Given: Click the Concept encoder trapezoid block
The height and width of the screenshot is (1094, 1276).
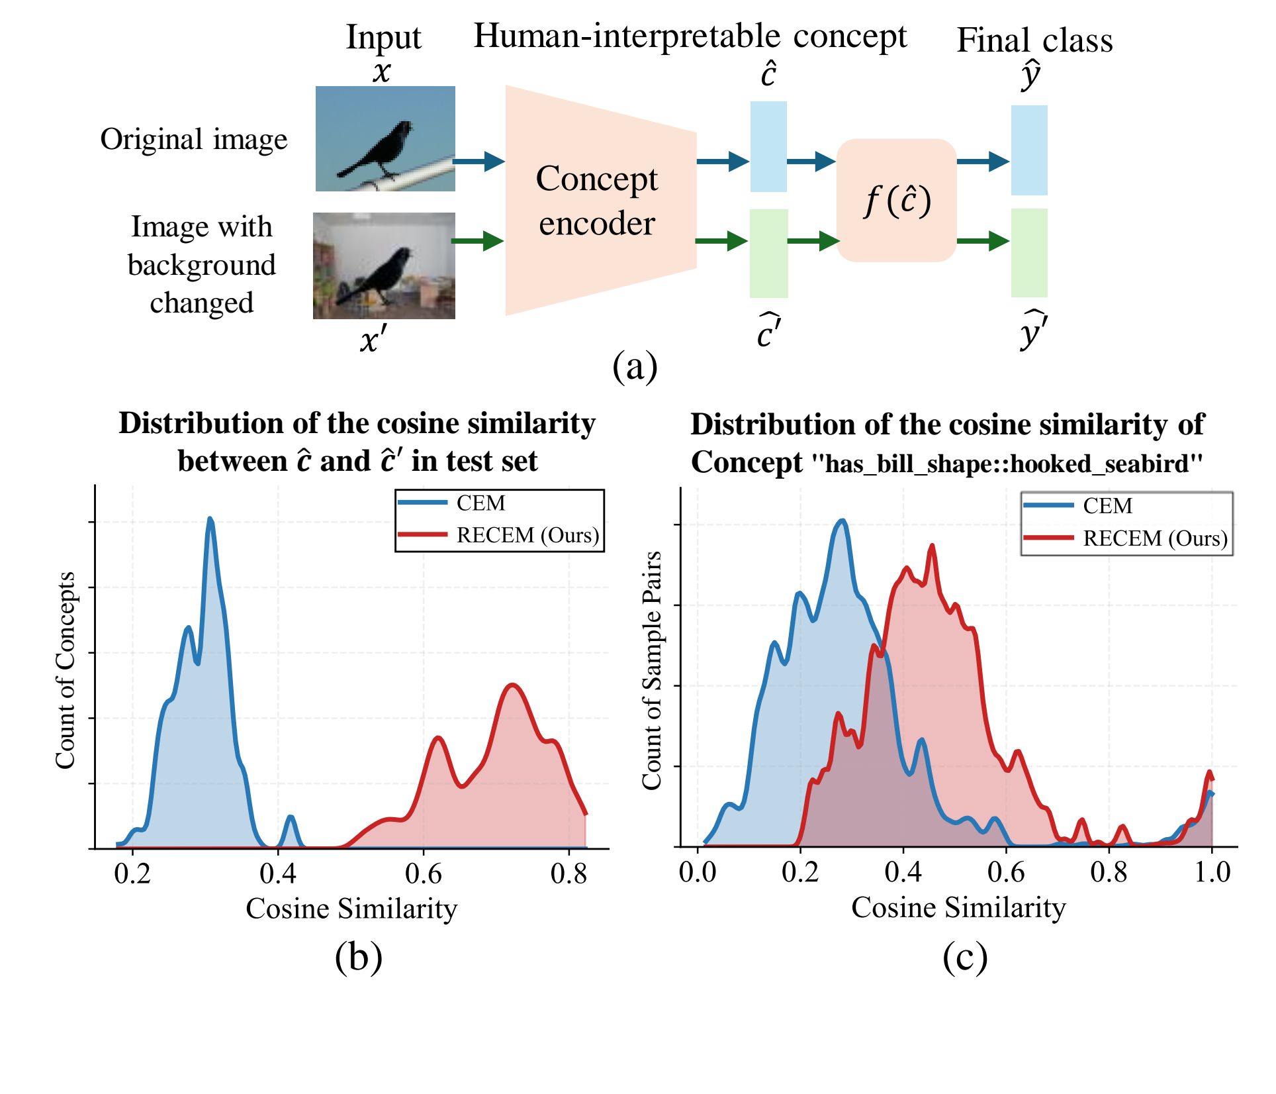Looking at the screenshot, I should (599, 201).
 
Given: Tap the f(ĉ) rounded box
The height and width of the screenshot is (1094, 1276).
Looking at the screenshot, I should (897, 200).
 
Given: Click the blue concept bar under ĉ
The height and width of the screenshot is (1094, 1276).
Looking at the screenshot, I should (768, 146).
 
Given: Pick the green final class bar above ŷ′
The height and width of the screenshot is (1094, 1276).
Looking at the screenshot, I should (1028, 252).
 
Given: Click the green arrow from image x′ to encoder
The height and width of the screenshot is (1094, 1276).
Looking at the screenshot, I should (478, 240).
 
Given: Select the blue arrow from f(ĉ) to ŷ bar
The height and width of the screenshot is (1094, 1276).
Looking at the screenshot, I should (983, 161).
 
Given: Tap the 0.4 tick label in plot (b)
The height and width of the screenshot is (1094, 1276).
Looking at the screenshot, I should (277, 873).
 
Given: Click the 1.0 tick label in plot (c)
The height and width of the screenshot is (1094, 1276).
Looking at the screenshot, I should (1212, 871).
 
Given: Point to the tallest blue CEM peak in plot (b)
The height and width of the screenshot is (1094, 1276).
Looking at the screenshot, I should (210, 519).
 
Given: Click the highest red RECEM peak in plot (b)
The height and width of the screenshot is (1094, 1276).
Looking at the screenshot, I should (512, 685).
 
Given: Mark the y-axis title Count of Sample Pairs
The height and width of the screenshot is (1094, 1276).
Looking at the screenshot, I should (652, 670).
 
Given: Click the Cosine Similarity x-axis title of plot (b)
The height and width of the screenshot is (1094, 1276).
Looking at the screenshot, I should (351, 909).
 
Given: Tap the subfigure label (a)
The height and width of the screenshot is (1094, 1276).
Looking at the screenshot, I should (635, 366).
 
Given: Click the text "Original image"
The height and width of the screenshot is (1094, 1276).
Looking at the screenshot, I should (194, 140).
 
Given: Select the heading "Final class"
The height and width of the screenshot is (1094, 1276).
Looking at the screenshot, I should (1034, 40).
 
